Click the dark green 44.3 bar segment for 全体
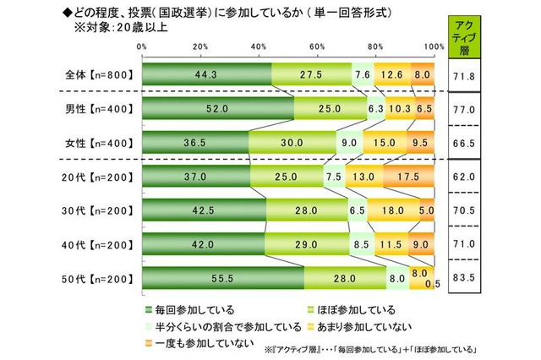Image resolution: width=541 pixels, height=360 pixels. click(x=206, y=75)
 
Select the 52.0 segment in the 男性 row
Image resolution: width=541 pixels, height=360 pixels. click(x=218, y=109)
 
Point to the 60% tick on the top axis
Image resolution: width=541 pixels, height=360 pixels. click(x=317, y=46)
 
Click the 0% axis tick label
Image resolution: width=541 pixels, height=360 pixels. click(x=142, y=46)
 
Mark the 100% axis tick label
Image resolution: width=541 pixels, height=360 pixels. click(x=433, y=46)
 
